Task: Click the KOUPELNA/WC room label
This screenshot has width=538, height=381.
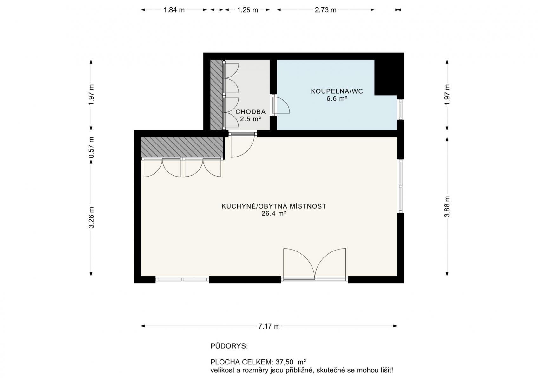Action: tap(337, 91)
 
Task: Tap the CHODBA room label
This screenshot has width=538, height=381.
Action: tap(250, 112)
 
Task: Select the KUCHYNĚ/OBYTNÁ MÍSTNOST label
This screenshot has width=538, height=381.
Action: tap(273, 206)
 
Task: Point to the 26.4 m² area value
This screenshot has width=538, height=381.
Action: tap(273, 214)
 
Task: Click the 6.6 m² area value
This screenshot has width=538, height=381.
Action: tap(337, 99)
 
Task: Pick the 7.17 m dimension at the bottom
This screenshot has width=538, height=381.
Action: tap(269, 326)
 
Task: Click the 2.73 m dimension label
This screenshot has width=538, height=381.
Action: tap(325, 10)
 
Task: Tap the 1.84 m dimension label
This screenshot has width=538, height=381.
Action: tap(174, 10)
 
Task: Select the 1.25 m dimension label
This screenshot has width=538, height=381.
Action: tap(247, 10)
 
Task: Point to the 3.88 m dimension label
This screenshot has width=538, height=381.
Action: tap(447, 207)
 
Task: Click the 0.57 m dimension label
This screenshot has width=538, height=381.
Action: tap(91, 148)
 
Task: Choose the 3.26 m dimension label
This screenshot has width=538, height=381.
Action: tap(91, 217)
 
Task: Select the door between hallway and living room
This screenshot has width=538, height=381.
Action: tap(242, 145)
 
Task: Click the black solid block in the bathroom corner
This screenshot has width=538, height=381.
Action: tap(389, 76)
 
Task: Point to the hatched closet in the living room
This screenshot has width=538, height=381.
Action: tap(182, 148)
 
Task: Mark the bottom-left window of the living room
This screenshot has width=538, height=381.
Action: tap(182, 279)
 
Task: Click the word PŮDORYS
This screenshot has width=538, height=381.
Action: tap(229, 346)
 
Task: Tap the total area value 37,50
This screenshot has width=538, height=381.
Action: tap(285, 362)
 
